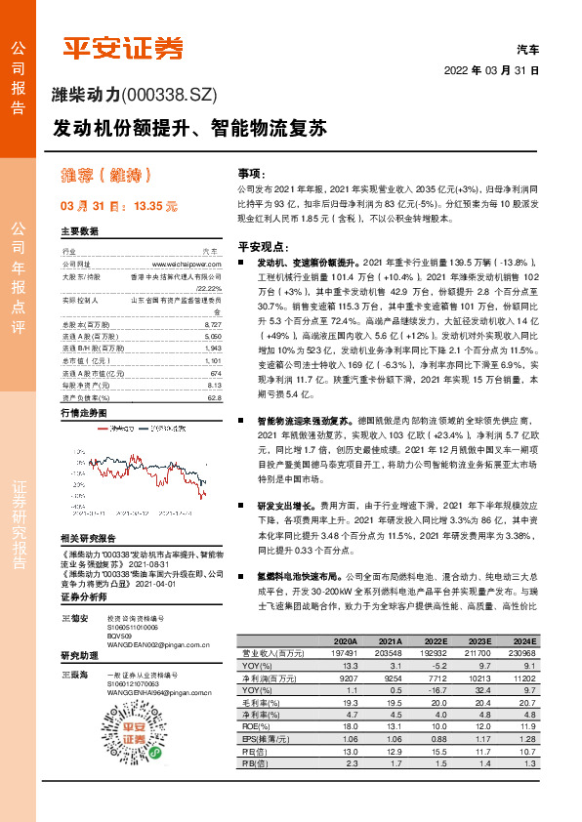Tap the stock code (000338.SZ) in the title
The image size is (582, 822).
coord(169,95)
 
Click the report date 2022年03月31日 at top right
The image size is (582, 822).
coord(492,70)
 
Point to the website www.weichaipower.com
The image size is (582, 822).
coord(187,264)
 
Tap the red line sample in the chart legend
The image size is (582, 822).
coord(104,428)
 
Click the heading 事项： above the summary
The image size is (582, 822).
coord(250,170)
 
